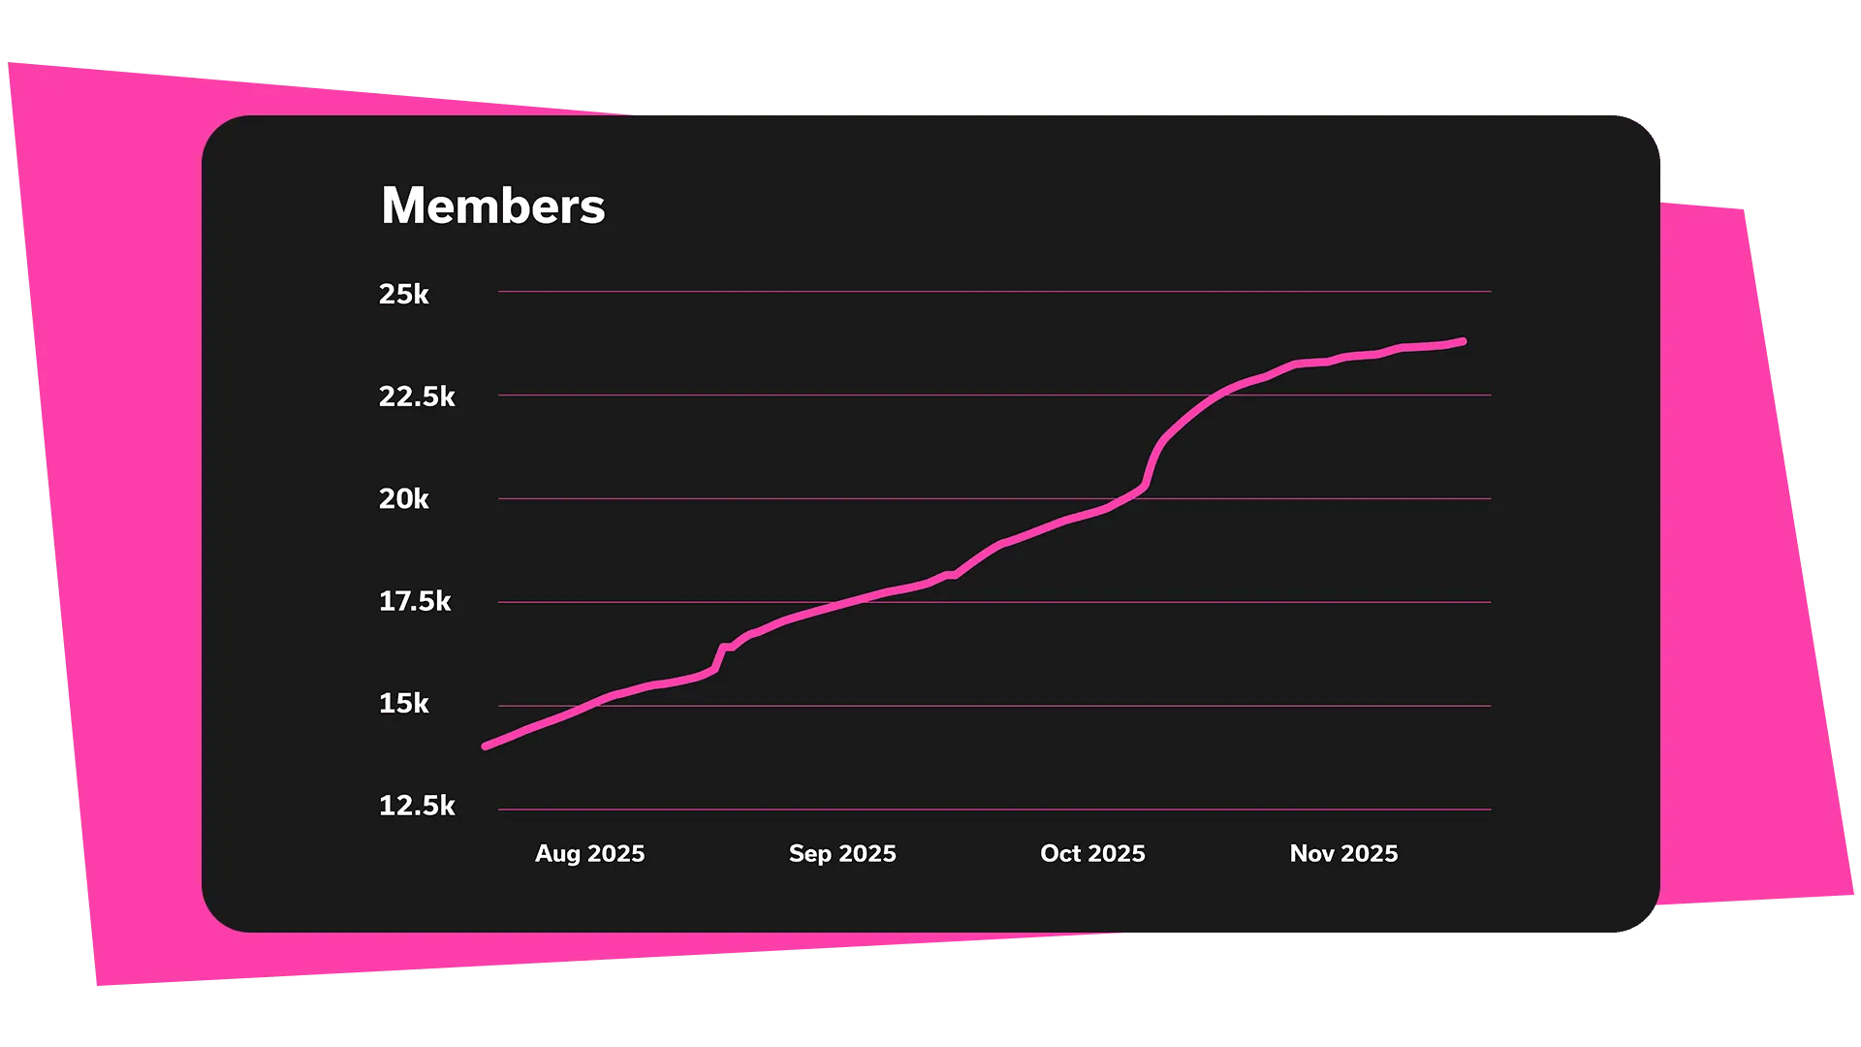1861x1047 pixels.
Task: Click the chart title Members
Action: point(492,206)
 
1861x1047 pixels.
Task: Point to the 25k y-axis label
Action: point(403,294)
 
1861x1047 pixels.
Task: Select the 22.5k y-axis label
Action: point(417,397)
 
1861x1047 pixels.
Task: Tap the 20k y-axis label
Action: point(403,499)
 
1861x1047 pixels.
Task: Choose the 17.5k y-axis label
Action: point(415,601)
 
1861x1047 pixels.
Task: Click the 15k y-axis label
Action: point(403,704)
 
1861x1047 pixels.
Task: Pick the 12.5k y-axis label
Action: point(417,806)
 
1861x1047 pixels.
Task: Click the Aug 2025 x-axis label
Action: point(589,853)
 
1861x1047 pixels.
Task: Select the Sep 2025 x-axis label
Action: point(842,853)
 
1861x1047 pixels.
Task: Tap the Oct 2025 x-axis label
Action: point(1092,853)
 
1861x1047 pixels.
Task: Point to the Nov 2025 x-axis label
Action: point(1343,853)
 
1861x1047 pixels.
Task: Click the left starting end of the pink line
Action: point(486,746)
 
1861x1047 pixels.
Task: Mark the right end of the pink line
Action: point(1463,341)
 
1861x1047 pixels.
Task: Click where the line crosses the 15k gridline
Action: point(591,705)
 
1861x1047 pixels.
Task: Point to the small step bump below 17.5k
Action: point(725,648)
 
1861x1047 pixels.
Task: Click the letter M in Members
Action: point(403,206)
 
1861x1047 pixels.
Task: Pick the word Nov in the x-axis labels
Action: point(1311,853)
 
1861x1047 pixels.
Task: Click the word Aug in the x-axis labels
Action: point(557,853)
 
